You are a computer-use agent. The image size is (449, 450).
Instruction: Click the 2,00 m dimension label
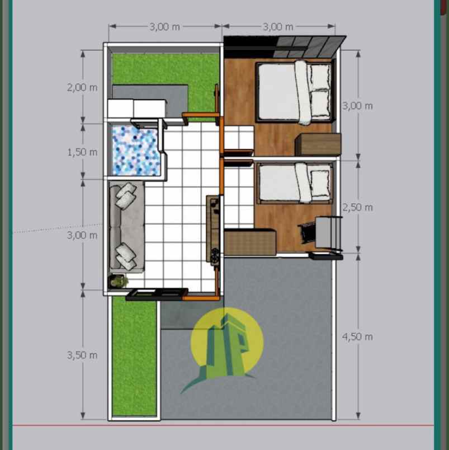tap(82, 87)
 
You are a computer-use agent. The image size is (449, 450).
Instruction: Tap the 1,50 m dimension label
tap(82, 152)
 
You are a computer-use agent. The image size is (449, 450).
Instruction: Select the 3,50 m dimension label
tap(82, 355)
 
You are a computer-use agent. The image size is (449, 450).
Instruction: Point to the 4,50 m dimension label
tap(357, 336)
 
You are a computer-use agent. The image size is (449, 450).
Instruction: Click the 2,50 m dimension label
tap(357, 207)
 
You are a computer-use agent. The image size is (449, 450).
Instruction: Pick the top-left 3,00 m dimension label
tap(164, 26)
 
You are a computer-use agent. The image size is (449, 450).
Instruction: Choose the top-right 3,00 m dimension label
tap(278, 26)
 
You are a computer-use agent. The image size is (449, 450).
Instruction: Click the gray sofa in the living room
tap(126, 227)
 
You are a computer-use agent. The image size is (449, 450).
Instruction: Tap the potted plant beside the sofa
tap(119, 280)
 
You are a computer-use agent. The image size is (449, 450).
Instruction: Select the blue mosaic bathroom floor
tap(135, 150)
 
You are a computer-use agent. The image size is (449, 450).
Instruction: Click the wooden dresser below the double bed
tap(318, 144)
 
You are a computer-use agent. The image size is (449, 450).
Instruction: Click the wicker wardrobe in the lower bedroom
tap(250, 242)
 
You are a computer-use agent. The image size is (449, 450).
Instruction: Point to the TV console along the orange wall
tap(214, 229)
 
